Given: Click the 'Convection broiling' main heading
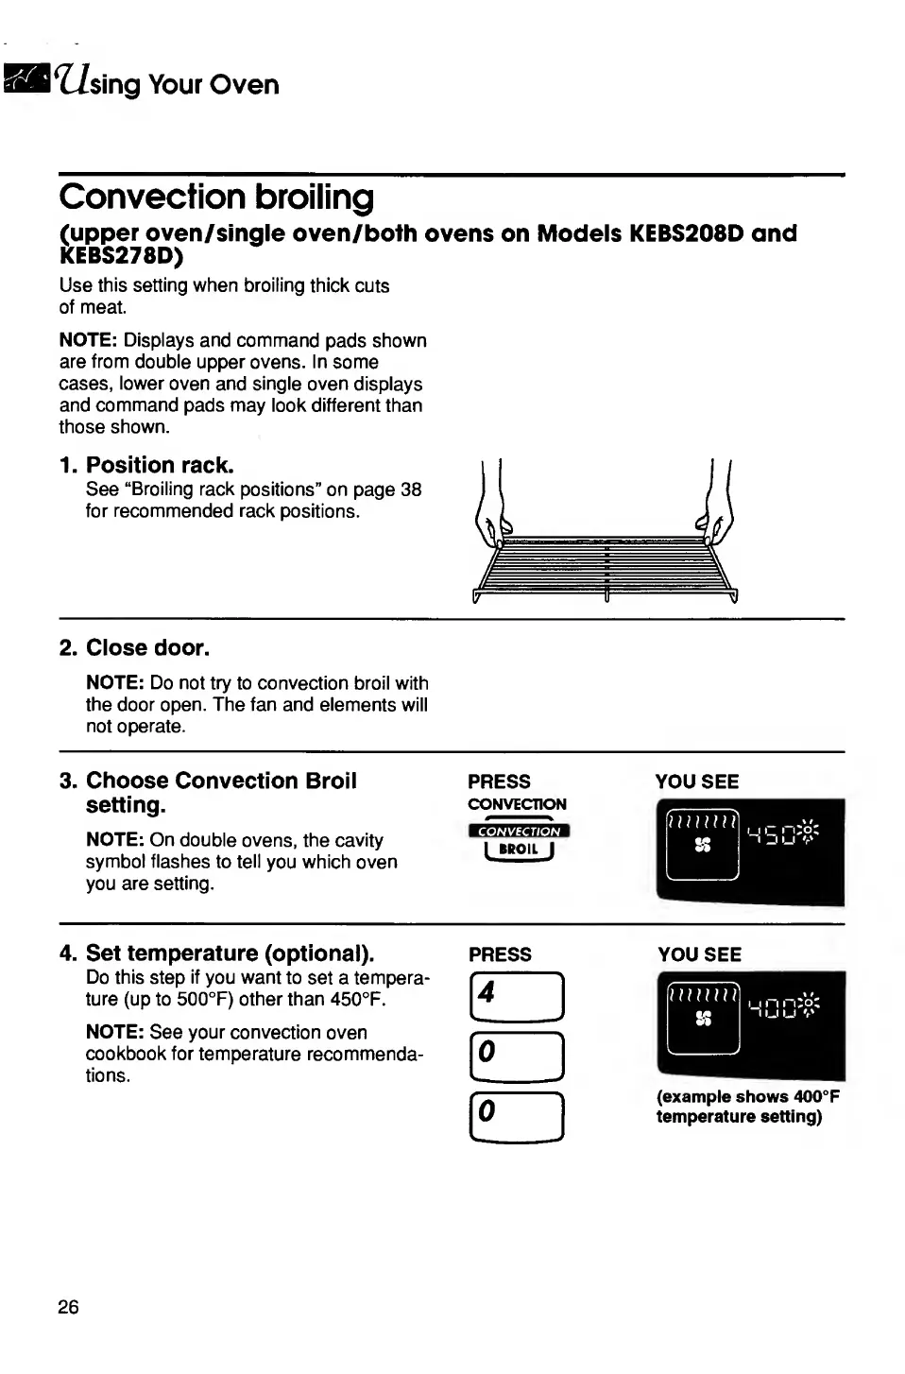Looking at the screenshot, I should pos(216,197).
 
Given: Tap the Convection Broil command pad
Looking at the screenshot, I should pos(519,840).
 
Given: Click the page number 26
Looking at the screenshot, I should pos(68,1307).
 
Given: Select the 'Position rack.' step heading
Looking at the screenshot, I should pos(159,465).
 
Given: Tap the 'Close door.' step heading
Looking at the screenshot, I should pos(147,647).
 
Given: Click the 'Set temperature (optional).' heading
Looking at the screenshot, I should pos(230,953).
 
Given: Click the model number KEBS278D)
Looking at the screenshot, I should pos(122,256).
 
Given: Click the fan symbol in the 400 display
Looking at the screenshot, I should pos(702,1019).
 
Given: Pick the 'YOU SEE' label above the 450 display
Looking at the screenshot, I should pos(697,781).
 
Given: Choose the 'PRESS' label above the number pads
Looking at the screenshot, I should pos(500,954).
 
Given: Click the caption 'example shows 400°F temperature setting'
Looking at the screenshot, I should pos(747,1107).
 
